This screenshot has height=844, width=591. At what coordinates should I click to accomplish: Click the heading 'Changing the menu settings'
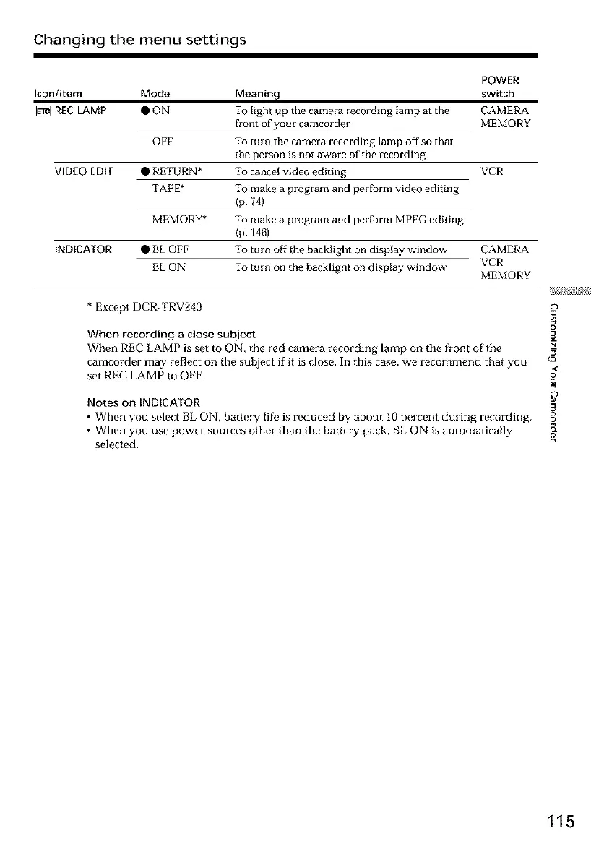140,39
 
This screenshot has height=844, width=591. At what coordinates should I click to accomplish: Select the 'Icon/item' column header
57,94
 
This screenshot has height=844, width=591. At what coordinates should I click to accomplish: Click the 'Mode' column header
155,94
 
